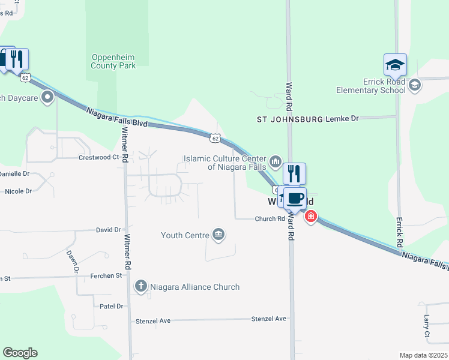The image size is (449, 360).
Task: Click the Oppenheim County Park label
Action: pyautogui.click(x=113, y=61)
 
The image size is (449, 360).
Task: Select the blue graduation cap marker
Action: pyautogui.click(x=395, y=64)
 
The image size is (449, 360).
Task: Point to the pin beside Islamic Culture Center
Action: pyautogui.click(x=276, y=161)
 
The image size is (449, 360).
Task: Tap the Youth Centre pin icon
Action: pyautogui.click(x=218, y=235)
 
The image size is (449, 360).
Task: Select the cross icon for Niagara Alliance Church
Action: pyautogui.click(x=141, y=286)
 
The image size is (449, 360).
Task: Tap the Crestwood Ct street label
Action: pyautogui.click(x=99, y=157)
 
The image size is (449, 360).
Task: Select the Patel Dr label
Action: pyautogui.click(x=111, y=306)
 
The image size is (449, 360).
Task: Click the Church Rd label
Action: pyautogui.click(x=269, y=219)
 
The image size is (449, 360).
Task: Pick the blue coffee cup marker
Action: pyautogui.click(x=294, y=198)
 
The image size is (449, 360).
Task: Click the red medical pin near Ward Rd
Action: pyautogui.click(x=310, y=216)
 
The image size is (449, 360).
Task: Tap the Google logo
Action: pyautogui.click(x=20, y=353)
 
